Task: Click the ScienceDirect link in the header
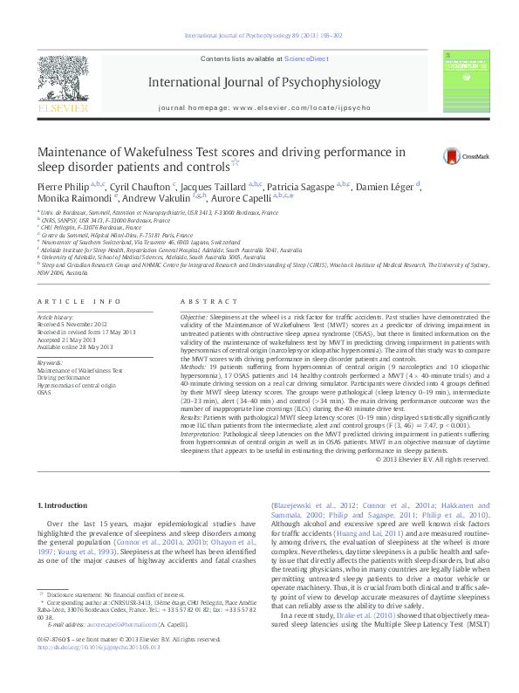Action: click(x=304, y=58)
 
